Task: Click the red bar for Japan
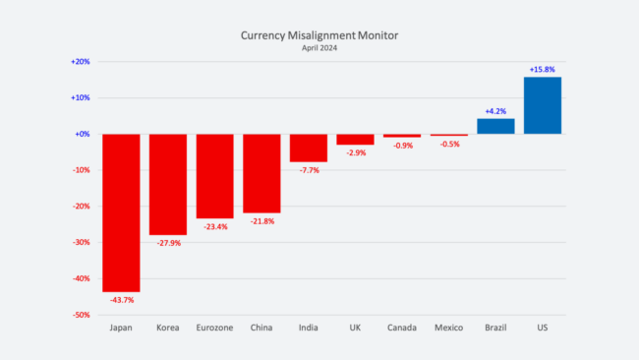tap(121, 212)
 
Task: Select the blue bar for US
tap(543, 105)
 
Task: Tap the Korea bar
tap(168, 184)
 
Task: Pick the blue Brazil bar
tap(495, 126)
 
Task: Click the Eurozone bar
tap(214, 176)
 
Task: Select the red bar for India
tap(309, 148)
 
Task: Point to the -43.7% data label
tap(121, 299)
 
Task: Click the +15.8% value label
tap(543, 70)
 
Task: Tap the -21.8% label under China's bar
tap(261, 221)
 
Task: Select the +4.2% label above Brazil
tap(495, 111)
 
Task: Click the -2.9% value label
tap(355, 152)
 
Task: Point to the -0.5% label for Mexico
tap(448, 144)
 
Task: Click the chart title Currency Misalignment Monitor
tap(319, 34)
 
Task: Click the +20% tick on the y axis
tap(81, 61)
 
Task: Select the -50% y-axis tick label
tap(81, 315)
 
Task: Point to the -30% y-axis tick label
tap(81, 242)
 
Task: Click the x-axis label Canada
tap(402, 328)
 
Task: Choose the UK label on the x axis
tap(355, 328)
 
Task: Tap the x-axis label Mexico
tap(448, 328)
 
